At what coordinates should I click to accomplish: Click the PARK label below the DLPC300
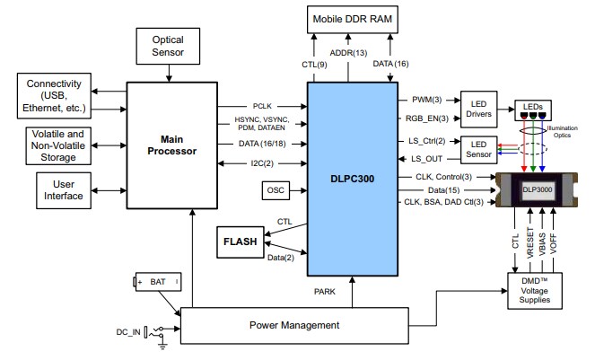tap(325, 291)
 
